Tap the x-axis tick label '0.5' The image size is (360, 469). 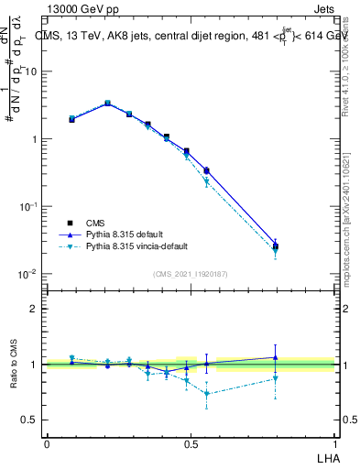(x=191, y=443)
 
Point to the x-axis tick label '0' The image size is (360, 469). (x=47, y=443)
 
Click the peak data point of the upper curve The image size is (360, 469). (x=107, y=104)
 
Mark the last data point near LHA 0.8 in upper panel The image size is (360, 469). (x=276, y=245)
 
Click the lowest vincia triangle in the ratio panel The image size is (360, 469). (x=207, y=394)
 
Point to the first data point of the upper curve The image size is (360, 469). (x=71, y=119)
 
